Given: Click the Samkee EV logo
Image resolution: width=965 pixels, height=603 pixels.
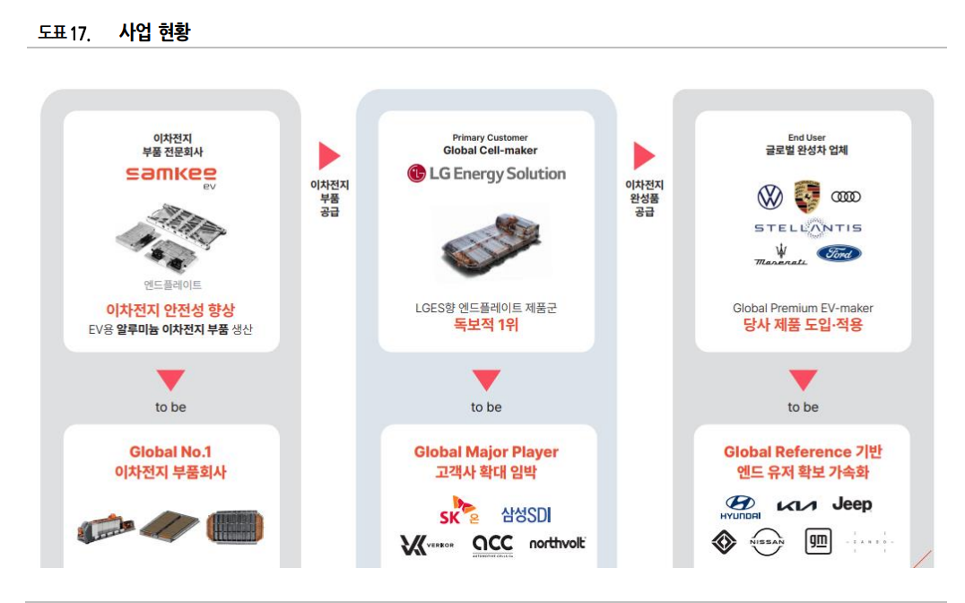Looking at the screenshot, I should (170, 176).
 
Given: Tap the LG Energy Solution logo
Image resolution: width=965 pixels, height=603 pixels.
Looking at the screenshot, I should (486, 173).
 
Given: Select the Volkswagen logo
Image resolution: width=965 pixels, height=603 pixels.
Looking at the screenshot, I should (769, 197).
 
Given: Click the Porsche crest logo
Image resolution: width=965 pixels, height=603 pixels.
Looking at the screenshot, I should (807, 197).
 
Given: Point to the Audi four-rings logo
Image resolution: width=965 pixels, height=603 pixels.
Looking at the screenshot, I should (846, 197).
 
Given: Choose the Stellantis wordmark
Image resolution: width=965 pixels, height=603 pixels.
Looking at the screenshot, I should (807, 228).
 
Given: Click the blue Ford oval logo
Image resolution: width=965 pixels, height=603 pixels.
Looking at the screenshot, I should (839, 254).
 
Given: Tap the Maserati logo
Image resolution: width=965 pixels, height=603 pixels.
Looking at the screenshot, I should (779, 255).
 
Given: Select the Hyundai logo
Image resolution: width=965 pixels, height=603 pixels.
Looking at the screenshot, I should (740, 507).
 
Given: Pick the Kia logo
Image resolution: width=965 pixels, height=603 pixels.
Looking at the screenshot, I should (796, 506).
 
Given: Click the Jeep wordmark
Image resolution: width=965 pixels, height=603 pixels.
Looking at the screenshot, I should (851, 504).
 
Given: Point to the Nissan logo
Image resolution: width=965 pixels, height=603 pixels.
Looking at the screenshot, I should (767, 542).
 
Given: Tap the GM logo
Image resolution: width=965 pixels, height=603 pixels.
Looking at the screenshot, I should (818, 542).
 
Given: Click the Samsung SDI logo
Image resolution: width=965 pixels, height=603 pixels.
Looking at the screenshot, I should (526, 514).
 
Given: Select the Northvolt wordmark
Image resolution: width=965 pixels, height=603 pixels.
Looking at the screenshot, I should (557, 543).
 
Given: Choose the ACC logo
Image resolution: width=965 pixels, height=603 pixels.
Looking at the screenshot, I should (492, 545).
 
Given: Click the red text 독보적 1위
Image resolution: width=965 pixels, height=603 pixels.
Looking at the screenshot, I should (486, 326).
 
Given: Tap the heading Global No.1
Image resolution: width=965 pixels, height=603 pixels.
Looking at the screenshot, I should (170, 451).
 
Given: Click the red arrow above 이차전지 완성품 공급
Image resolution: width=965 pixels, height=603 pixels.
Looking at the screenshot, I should (644, 156).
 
